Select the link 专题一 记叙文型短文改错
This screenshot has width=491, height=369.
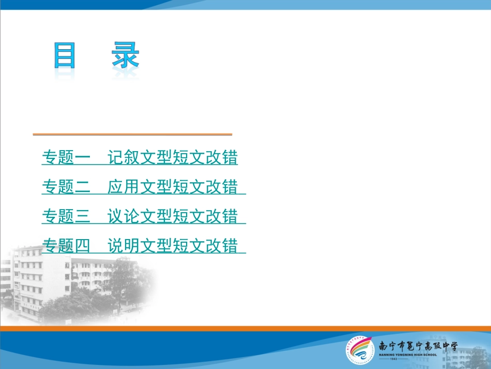tap(140, 158)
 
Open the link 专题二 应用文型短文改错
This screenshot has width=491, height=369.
tap(143, 187)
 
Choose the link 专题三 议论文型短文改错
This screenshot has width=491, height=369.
tap(143, 216)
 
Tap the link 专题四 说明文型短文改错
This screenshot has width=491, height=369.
tap(143, 246)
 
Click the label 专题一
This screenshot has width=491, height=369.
tap(66, 158)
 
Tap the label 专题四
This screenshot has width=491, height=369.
tap(66, 246)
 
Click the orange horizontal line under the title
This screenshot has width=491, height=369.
tap(132, 135)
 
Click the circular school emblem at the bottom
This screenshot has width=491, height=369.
tap(360, 350)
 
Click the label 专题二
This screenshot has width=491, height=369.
tap(66, 187)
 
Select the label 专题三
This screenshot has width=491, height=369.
tap(66, 216)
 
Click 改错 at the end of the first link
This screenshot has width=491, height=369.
tap(222, 158)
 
